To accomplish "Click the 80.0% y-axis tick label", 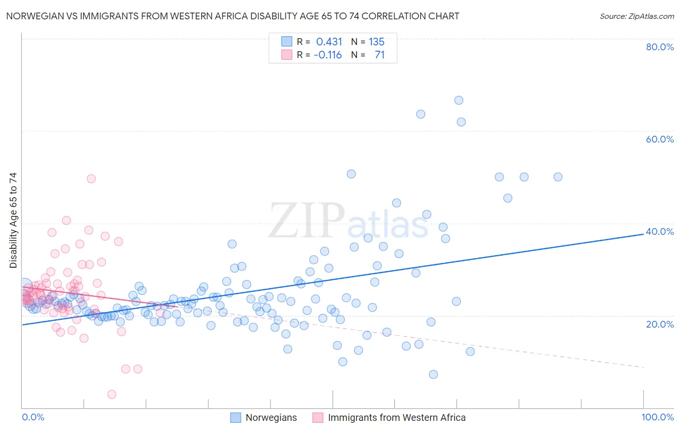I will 660,47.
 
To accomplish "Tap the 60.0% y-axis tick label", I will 660,139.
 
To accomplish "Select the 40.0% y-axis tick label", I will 660,231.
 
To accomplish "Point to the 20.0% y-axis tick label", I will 660,324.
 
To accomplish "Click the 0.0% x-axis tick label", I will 33,417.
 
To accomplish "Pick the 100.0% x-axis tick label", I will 657,417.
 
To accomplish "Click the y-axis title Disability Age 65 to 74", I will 13,220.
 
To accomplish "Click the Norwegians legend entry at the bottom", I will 271,417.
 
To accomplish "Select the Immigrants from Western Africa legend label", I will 397,417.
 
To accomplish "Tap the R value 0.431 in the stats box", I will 329,42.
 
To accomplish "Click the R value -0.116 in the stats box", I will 327,55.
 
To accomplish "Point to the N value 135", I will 376,42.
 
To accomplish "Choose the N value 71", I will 380,55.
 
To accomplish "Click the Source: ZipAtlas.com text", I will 636,16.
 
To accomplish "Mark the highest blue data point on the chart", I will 458,101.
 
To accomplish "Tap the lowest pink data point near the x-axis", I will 112,394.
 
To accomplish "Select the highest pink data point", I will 91,179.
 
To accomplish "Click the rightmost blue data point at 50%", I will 558,177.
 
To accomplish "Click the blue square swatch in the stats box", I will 287,42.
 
